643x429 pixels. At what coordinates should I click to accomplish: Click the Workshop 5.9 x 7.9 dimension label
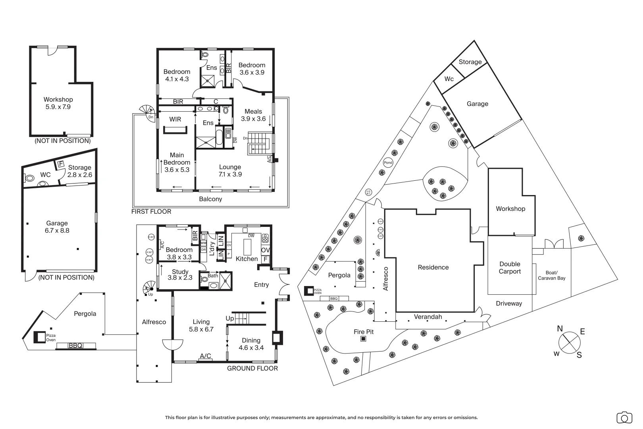tap(58, 107)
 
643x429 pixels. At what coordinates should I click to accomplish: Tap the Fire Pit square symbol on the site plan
tap(363, 339)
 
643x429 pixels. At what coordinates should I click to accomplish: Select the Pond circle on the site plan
tap(388, 162)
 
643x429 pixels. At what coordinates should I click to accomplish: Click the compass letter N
tap(560, 329)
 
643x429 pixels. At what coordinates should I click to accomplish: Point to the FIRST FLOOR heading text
tap(151, 211)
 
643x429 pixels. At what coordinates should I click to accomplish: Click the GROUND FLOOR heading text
tap(252, 368)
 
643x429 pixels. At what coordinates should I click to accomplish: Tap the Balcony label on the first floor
tap(210, 199)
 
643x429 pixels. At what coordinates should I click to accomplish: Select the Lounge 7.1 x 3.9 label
tap(230, 170)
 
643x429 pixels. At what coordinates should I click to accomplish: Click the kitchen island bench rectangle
tap(247, 247)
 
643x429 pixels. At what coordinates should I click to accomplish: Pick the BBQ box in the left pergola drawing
tap(75, 346)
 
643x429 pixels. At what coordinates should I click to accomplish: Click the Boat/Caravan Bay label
tap(551, 275)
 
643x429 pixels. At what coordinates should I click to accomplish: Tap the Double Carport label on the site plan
tap(510, 268)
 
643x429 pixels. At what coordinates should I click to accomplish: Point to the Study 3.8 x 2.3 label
tap(180, 275)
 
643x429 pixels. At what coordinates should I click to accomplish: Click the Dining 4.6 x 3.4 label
tap(251, 344)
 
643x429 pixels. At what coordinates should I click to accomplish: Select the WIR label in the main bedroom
tap(175, 119)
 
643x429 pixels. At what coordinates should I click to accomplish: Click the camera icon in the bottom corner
tap(624, 417)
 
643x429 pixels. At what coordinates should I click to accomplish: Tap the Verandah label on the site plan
tap(428, 317)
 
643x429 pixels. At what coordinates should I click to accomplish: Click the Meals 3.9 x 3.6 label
tap(253, 115)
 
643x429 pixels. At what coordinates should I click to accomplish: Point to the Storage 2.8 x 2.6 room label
tap(79, 171)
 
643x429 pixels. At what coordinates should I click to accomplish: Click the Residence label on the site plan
tap(433, 267)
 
